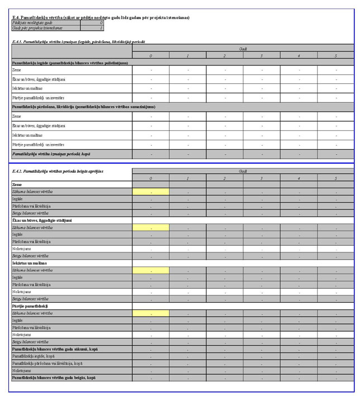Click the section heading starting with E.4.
coord(100,17)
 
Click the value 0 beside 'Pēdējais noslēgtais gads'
coord(100,22)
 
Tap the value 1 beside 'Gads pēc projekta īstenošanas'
coord(100,27)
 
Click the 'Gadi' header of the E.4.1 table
coord(243,49)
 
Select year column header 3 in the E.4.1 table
coord(261,55)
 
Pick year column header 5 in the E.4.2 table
coord(335,178)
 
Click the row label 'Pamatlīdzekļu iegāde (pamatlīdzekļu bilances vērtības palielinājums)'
coord(70,63)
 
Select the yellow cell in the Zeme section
coord(151,192)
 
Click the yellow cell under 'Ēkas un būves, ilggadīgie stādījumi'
coord(151,228)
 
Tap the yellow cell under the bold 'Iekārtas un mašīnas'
coord(151,270)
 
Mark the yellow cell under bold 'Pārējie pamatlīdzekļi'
coord(151,313)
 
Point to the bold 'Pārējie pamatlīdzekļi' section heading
coord(30,306)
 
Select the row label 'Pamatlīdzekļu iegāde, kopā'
coord(33,356)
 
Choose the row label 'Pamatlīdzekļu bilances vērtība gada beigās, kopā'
coord(54,378)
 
